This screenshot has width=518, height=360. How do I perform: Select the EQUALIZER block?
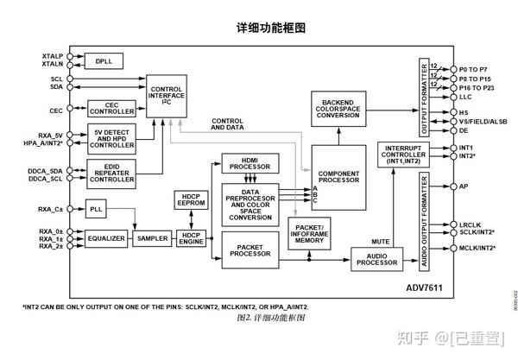pos(106,237)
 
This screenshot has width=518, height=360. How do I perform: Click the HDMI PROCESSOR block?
pos(250,162)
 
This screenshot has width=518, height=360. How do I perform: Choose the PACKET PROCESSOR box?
pos(250,250)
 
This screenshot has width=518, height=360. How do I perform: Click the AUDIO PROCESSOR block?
pos(376,259)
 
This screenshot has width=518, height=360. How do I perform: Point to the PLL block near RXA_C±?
pos(96,209)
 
